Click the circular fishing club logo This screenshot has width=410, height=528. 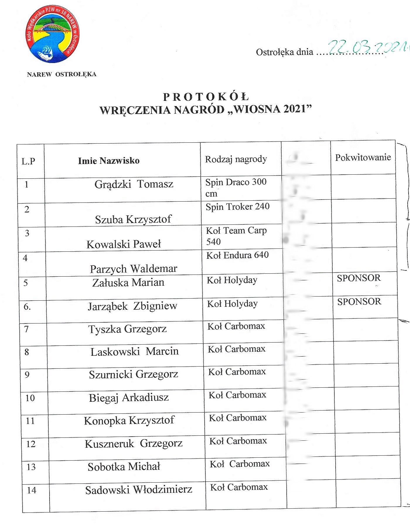point(52,34)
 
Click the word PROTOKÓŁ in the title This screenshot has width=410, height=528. point(206,97)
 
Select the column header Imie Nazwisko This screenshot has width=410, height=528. point(109,161)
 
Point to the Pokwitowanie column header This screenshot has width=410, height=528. point(363,157)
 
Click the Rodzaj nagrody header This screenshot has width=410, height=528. point(236,159)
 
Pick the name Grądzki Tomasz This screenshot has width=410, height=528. point(134,184)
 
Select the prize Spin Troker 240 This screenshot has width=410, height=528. point(237,207)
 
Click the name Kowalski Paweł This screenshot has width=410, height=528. point(124,244)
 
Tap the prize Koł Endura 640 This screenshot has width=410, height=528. point(237,255)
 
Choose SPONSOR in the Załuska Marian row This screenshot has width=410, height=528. point(359,278)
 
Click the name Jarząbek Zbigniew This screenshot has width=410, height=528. point(132,306)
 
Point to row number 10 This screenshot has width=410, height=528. point(30,398)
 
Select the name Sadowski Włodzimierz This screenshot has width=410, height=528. point(139,490)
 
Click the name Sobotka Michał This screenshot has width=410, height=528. point(124,466)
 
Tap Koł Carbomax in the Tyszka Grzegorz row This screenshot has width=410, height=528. point(236,326)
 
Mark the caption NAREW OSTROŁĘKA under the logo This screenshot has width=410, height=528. point(62,74)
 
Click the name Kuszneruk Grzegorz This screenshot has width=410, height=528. point(134,444)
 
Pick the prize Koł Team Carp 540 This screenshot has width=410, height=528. point(236,236)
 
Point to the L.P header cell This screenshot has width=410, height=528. point(28,161)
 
